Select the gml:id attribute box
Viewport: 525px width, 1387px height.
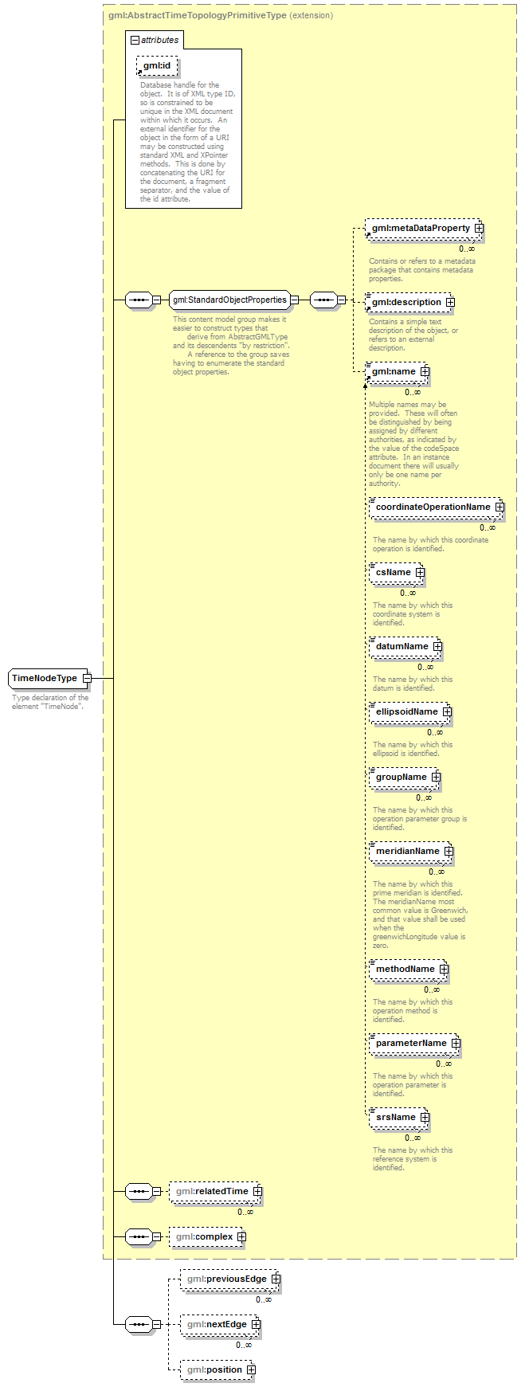[x=157, y=65]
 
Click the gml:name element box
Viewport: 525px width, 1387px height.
[x=396, y=372]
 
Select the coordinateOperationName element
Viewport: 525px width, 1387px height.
[x=435, y=507]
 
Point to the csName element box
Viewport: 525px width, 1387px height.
[x=396, y=573]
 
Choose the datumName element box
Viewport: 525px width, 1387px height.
[x=405, y=647]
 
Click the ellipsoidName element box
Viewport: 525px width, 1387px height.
[x=409, y=712]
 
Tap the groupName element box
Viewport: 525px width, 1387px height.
[x=404, y=778]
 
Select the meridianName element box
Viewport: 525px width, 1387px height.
[x=410, y=852]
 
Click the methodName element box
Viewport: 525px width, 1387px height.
[x=408, y=970]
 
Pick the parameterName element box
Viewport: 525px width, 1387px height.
[x=414, y=1044]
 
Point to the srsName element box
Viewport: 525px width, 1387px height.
[x=398, y=1118]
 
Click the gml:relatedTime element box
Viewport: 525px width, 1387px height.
[x=214, y=1191]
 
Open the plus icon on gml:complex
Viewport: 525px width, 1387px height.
[x=241, y=1237]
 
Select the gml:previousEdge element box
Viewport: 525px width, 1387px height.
[x=229, y=1279]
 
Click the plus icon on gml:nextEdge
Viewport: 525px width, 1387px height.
[x=256, y=1325]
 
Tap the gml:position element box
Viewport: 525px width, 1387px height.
[x=217, y=1370]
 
